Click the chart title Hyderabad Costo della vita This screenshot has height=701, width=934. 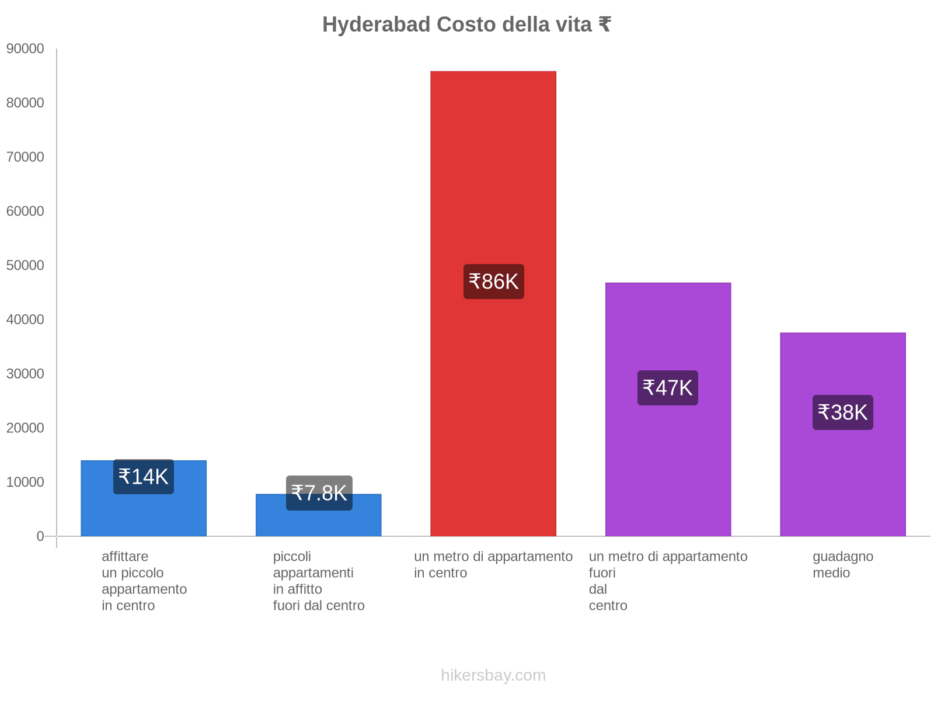(466, 25)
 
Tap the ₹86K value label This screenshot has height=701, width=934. (493, 282)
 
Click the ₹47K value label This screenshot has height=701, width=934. (667, 388)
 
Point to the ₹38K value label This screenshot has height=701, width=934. (842, 412)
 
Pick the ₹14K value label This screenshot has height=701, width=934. (144, 477)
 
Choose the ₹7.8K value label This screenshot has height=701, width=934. (319, 493)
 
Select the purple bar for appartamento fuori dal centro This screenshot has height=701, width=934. (668, 456)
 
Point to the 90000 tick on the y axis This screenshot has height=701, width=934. (26, 48)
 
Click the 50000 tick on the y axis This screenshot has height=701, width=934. (26, 265)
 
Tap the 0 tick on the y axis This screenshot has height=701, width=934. (40, 536)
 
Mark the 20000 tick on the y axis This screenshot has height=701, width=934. (26, 428)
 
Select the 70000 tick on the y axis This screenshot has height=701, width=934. (26, 157)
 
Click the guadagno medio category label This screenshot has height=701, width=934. (842, 564)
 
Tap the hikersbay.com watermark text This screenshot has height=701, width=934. (493, 675)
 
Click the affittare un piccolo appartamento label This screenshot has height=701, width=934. (144, 581)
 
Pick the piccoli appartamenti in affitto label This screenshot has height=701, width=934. (318, 581)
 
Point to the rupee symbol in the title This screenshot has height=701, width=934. (605, 25)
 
